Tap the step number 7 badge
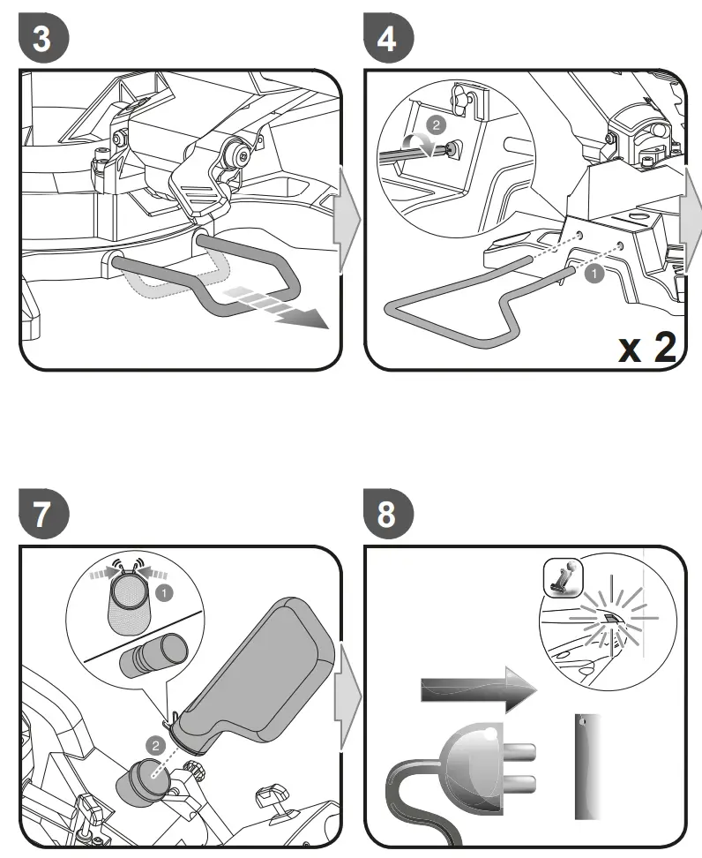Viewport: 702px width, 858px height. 41,515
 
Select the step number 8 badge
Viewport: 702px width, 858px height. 385,515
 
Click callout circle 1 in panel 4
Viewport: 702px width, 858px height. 594,275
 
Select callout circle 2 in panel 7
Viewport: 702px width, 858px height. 157,744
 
